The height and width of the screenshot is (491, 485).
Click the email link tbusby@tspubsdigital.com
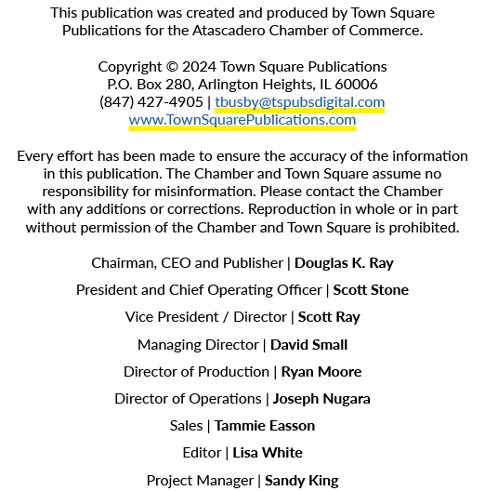tap(300, 102)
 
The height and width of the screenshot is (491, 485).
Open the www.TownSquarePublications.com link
tap(242, 120)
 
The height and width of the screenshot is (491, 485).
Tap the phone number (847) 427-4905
tap(151, 102)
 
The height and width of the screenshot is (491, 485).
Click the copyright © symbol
tap(172, 67)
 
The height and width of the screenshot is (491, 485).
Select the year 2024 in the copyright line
tap(200, 67)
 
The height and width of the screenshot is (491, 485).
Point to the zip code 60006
tap(356, 85)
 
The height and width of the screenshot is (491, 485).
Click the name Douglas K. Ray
tap(344, 263)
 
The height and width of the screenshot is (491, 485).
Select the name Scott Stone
tap(371, 290)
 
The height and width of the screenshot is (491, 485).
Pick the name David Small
tap(308, 345)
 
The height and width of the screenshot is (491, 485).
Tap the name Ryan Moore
tap(321, 372)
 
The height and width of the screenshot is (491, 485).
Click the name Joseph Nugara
tap(321, 399)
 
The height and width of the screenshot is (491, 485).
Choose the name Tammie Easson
tap(265, 426)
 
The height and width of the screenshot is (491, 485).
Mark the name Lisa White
tap(268, 453)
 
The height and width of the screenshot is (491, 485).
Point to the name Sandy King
tap(302, 481)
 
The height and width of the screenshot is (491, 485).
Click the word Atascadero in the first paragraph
tap(229, 31)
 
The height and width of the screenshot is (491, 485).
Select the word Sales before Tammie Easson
tap(186, 426)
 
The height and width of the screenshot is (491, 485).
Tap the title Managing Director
tap(199, 345)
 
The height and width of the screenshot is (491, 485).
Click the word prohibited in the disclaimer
tap(424, 228)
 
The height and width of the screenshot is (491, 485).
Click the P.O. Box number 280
tap(178, 85)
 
